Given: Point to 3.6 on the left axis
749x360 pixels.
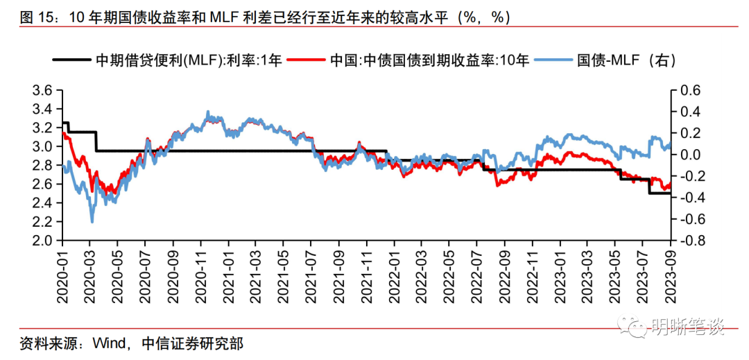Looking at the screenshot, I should click(43, 90).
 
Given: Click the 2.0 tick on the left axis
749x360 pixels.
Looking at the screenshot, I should click(43, 241).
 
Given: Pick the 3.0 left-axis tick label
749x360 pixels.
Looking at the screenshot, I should click(43, 146).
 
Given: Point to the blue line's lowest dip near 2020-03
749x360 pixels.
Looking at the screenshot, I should click(92, 222).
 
